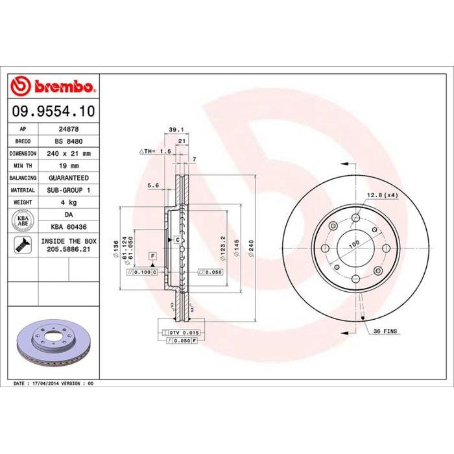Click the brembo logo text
[62, 86]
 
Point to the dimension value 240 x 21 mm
[69, 154]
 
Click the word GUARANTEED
[69, 178]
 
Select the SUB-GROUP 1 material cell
[69, 190]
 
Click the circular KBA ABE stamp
[23, 221]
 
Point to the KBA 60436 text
[69, 227]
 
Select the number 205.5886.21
[69, 249]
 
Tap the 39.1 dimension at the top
[173, 128]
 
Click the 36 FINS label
[387, 331]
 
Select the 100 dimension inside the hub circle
[354, 244]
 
